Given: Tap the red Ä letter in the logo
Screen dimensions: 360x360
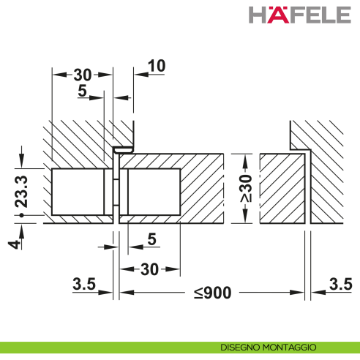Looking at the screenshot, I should [x=273, y=15].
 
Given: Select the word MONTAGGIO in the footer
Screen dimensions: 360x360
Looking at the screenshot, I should [x=290, y=347].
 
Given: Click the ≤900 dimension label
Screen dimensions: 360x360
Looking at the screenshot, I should [x=212, y=293].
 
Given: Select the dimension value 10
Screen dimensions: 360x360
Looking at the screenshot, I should [x=156, y=66].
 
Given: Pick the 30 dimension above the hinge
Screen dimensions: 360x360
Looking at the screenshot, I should [x=83, y=75].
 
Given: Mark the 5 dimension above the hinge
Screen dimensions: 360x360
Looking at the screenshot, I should [x=83, y=92].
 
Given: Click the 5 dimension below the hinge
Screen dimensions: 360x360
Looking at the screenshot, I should [x=151, y=239].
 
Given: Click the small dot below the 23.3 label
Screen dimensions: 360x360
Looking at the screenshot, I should [x=22, y=217].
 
